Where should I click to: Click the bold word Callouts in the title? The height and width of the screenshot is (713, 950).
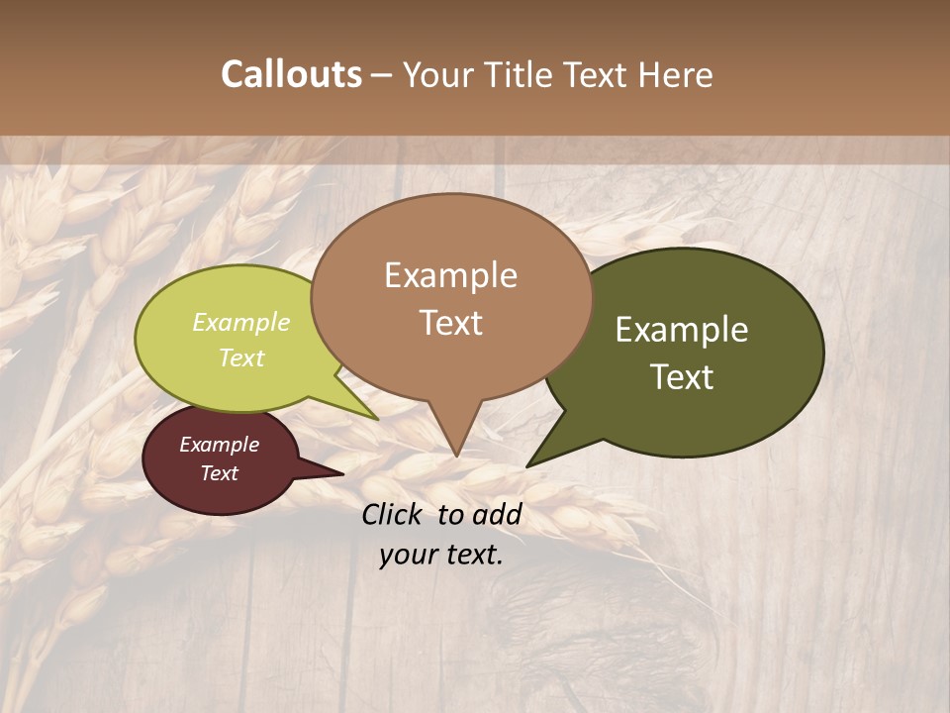[291, 74]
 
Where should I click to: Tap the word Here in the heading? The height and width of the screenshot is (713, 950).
[674, 75]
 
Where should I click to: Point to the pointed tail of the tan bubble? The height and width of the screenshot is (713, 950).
[455, 441]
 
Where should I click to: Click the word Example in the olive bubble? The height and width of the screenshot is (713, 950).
[682, 330]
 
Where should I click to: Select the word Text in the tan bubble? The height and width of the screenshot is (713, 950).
[451, 323]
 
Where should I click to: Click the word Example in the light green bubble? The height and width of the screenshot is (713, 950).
[241, 322]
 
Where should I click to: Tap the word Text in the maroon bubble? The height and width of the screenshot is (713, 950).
[220, 473]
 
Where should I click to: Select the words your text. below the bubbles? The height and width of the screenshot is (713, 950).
[441, 556]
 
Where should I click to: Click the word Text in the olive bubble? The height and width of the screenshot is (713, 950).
[682, 377]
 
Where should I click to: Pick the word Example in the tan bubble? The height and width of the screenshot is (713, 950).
[451, 275]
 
